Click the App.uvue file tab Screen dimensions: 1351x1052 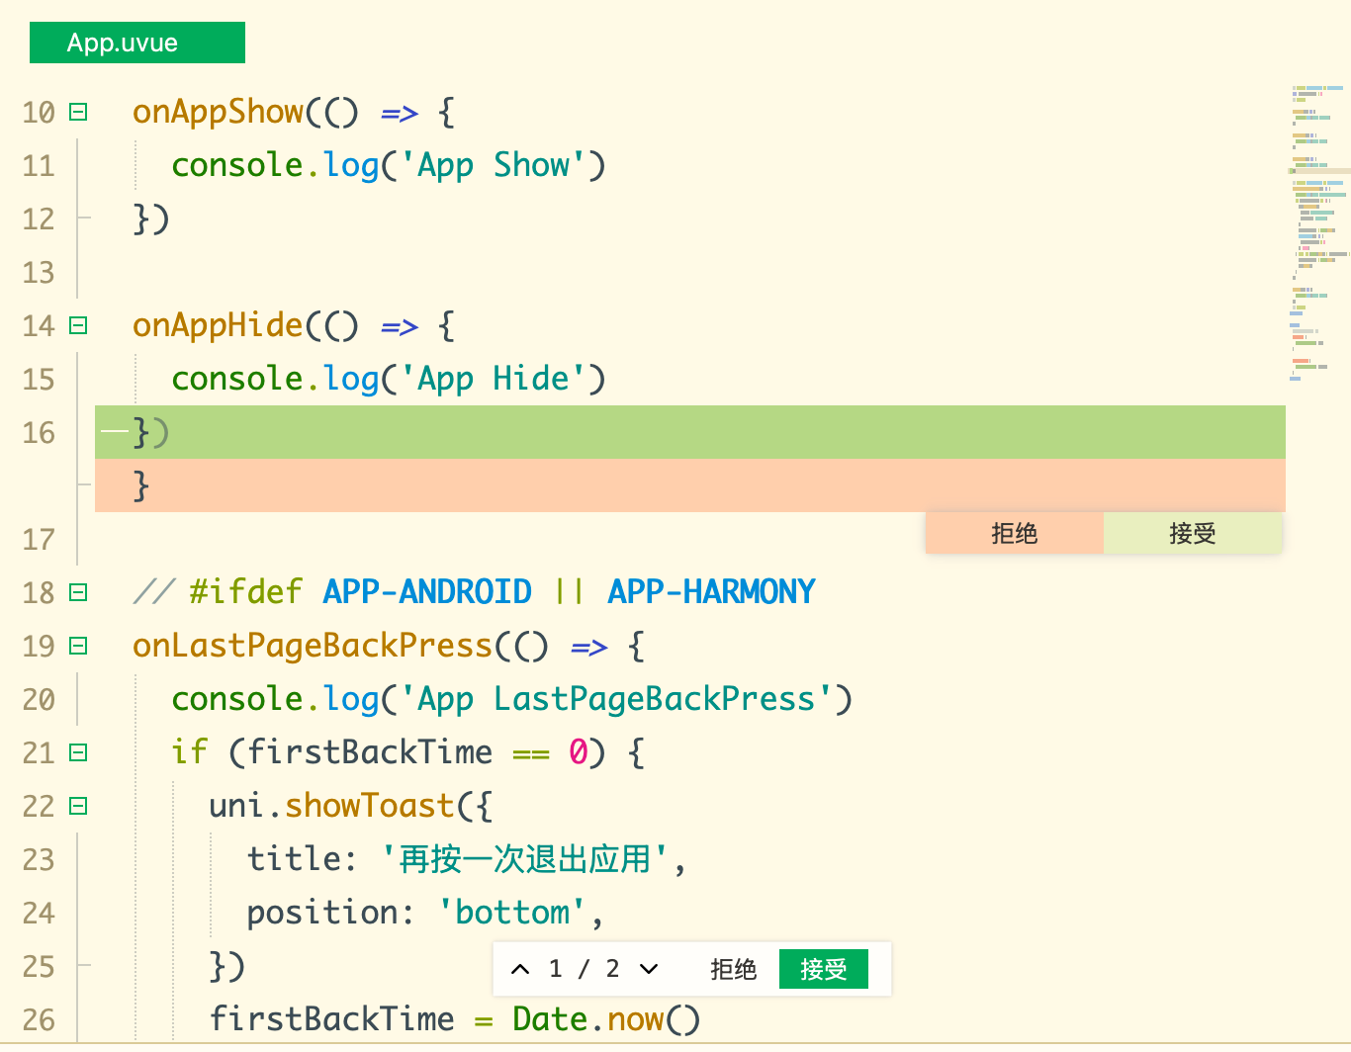click(137, 43)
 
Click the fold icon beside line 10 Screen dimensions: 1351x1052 click(78, 112)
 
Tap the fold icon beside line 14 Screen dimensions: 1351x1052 click(78, 325)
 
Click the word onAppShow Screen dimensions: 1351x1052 click(218, 113)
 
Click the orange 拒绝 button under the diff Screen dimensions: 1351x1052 click(1014, 533)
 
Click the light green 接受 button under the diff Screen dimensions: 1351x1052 click(1193, 533)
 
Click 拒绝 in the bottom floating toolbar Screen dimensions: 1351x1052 click(733, 969)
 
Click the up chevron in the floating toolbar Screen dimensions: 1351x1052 click(520, 969)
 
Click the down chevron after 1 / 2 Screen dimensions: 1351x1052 click(649, 969)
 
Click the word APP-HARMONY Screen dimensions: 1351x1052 click(711, 591)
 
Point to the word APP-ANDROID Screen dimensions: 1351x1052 click(427, 591)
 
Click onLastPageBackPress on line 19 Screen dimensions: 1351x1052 click(313, 646)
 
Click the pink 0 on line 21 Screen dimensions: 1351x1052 click(579, 752)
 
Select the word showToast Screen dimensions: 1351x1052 click(370, 806)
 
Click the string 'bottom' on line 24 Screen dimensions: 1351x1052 click(511, 913)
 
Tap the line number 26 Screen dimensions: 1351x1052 click(39, 1020)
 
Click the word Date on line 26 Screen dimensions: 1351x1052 click(550, 1019)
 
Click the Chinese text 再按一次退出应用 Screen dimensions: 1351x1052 click(524, 859)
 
